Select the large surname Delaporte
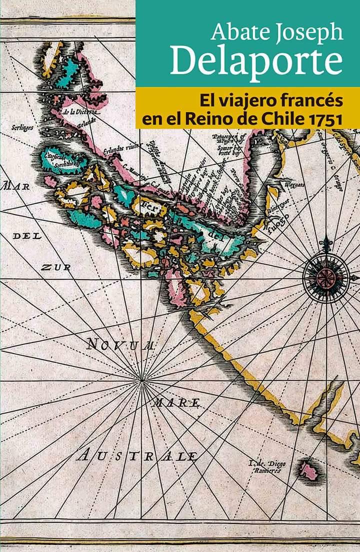[x=256, y=62]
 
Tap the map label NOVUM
[x=120, y=344]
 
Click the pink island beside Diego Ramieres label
[x=308, y=470]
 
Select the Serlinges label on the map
[x=22, y=128]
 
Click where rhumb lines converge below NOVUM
[x=141, y=381]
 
